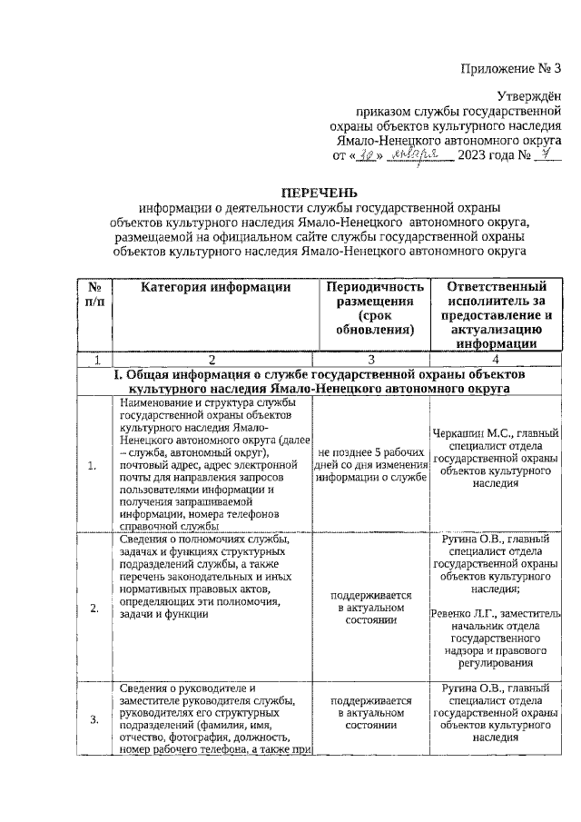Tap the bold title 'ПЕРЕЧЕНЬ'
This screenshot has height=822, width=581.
click(318, 193)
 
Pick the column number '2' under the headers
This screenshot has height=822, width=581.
click(211, 359)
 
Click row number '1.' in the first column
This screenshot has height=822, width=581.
click(93, 466)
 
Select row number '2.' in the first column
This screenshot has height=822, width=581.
click(94, 608)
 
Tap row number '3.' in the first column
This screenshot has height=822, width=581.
click(94, 719)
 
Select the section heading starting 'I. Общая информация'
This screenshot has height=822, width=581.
click(317, 381)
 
